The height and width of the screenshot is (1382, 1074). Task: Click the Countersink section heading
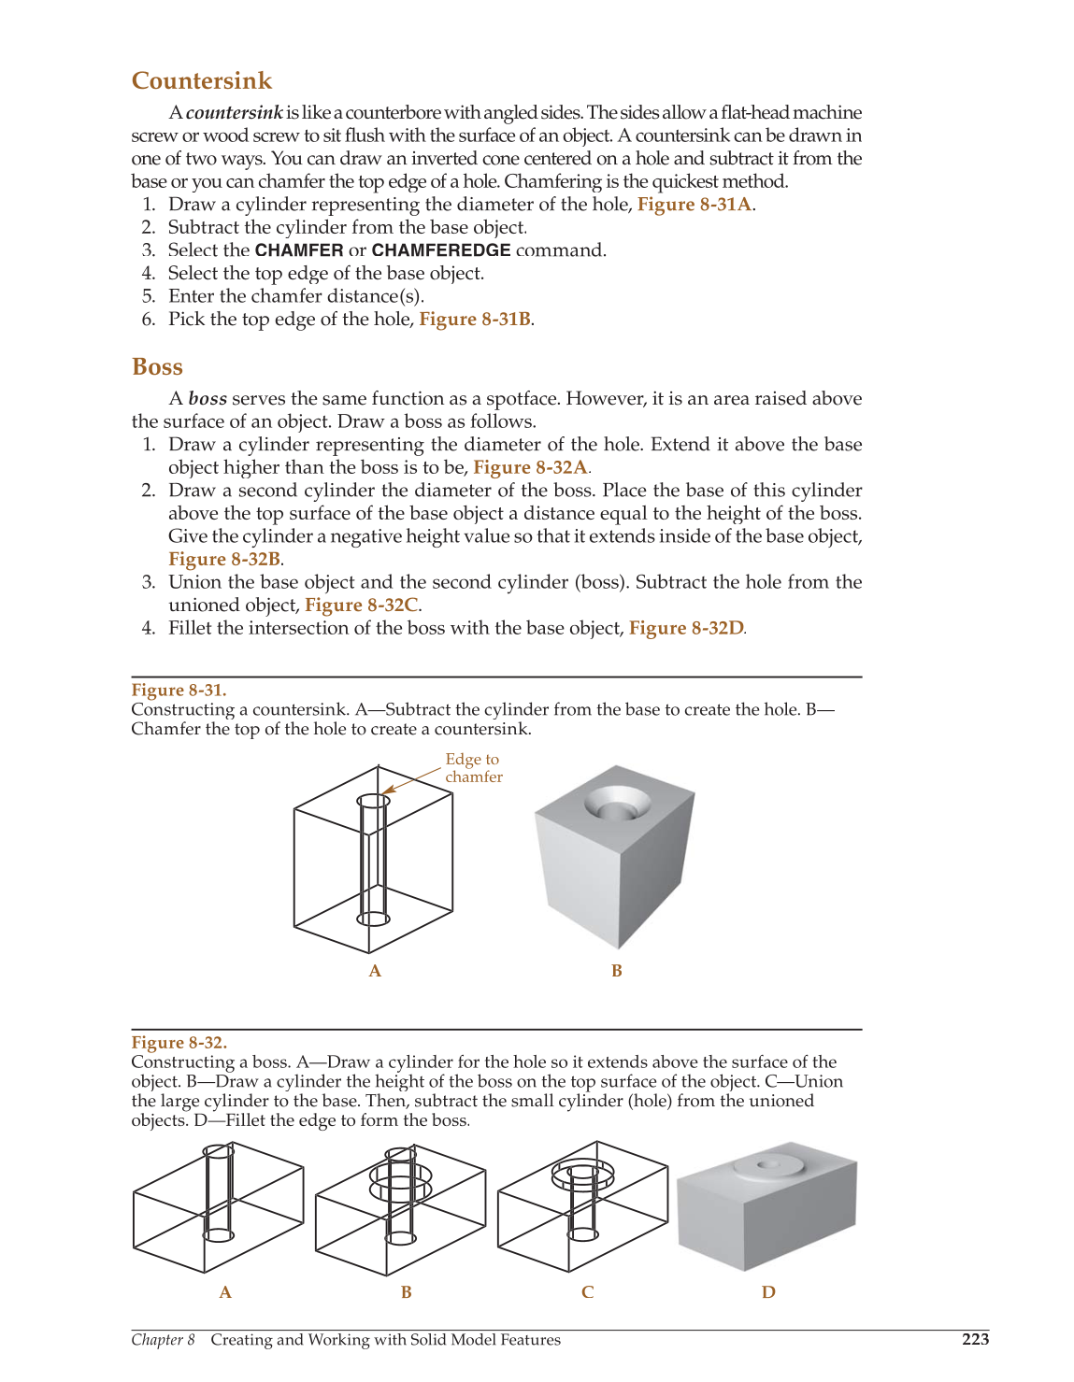tap(202, 81)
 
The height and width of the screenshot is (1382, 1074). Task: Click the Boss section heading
tap(157, 367)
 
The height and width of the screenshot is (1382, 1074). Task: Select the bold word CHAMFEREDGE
tap(441, 250)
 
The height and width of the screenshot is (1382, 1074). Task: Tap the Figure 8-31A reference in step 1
tap(695, 205)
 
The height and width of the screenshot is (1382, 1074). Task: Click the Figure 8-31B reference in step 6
tap(475, 320)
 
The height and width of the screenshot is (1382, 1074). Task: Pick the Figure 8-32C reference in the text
tap(361, 606)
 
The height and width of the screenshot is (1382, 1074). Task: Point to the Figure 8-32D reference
tap(686, 629)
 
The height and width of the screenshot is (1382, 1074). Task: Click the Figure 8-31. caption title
tap(179, 691)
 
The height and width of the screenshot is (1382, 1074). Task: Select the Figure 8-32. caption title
tap(179, 1043)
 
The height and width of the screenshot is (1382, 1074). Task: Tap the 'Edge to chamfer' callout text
tap(473, 768)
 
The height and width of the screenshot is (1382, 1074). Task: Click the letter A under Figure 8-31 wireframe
tap(375, 972)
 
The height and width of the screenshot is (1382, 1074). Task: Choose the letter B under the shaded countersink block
tap(617, 972)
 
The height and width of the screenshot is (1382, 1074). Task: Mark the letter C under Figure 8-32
tap(587, 1293)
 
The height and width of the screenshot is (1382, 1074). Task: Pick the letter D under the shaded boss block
tap(768, 1293)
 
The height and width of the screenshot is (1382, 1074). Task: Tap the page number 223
tap(975, 1340)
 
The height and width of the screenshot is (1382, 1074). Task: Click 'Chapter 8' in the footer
tap(163, 1340)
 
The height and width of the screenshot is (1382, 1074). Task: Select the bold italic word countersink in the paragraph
tap(235, 113)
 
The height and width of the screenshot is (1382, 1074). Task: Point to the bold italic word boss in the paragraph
tap(208, 399)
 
